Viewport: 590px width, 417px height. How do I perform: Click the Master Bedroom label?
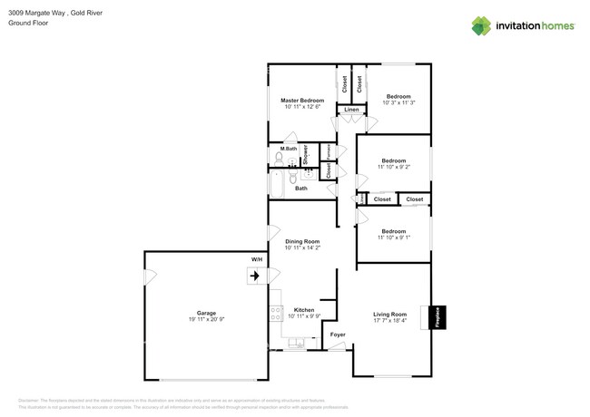pyautogui.click(x=301, y=100)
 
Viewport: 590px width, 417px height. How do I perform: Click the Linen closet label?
pyautogui.click(x=350, y=111)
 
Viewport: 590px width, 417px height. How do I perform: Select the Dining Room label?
pyautogui.click(x=302, y=241)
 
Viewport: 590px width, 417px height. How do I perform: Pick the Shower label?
pyautogui.click(x=306, y=154)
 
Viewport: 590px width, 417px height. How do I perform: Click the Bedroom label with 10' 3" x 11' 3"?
pyautogui.click(x=398, y=96)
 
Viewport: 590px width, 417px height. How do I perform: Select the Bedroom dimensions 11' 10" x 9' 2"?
pyautogui.click(x=392, y=167)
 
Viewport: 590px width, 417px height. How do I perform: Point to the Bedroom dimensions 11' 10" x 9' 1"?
pyautogui.click(x=392, y=238)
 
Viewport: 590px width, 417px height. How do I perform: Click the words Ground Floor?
pyautogui.click(x=27, y=24)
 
